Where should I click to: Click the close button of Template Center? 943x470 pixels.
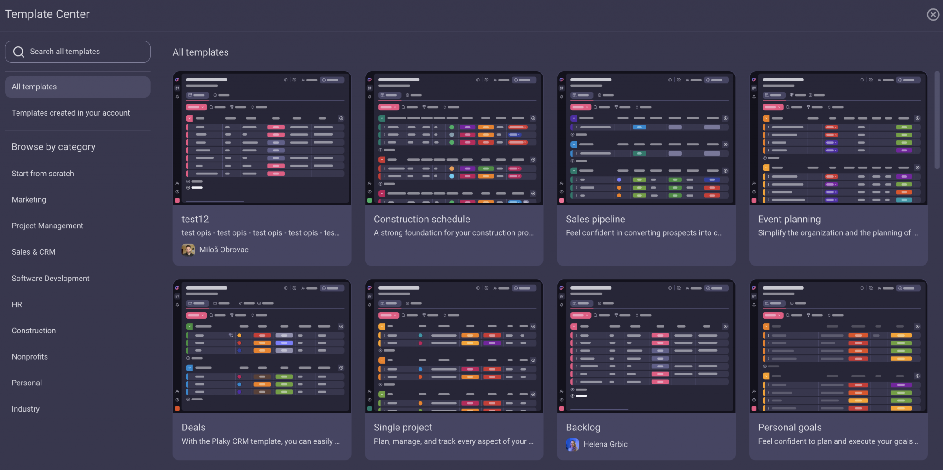click(x=933, y=15)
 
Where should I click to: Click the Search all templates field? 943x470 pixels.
click(x=77, y=52)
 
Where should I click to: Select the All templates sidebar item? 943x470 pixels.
click(x=77, y=87)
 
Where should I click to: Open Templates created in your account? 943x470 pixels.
click(x=71, y=113)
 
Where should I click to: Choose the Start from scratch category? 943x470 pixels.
click(x=43, y=174)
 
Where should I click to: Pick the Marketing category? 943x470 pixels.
click(x=29, y=200)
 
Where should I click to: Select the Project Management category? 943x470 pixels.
click(x=47, y=226)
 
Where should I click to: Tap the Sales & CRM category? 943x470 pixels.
click(x=34, y=252)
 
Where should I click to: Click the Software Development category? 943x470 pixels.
click(x=51, y=279)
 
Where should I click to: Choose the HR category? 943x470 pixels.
click(x=17, y=305)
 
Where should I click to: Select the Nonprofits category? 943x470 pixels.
click(x=30, y=357)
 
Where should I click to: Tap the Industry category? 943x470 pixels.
click(x=26, y=409)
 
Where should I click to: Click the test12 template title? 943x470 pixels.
click(x=195, y=220)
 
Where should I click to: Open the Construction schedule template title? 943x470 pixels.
click(x=422, y=220)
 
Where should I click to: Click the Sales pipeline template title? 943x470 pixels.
click(x=595, y=220)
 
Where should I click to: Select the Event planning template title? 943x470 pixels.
click(x=789, y=220)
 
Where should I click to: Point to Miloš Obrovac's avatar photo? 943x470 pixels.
click(x=188, y=250)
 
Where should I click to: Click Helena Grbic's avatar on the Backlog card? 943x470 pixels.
click(x=572, y=445)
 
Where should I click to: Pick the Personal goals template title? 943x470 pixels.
click(x=790, y=428)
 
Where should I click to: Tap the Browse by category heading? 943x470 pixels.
click(x=53, y=147)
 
